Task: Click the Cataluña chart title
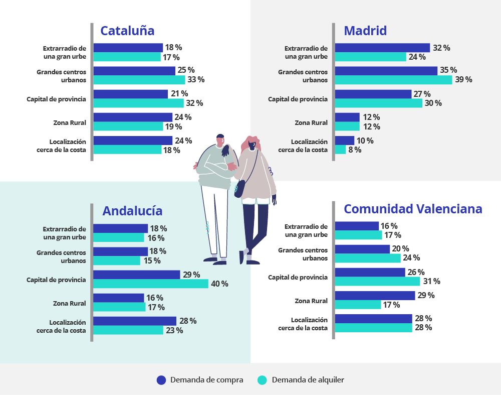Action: (127, 31)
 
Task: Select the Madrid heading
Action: (365, 31)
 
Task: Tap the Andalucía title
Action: (132, 211)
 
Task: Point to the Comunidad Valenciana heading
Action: (413, 209)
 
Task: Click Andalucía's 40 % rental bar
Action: (151, 284)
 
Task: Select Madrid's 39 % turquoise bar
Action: (393, 80)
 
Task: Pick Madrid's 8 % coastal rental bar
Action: (340, 150)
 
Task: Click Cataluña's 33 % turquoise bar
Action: (139, 80)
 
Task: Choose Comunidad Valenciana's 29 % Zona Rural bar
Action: (375, 296)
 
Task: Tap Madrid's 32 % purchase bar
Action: (382, 48)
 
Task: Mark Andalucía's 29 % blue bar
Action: (136, 275)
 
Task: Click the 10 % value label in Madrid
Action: (365, 141)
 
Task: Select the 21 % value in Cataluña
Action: (179, 94)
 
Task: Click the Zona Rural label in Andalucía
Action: (70, 303)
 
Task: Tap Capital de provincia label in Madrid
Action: (298, 99)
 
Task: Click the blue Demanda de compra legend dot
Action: (161, 380)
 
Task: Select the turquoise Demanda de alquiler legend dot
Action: (262, 380)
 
